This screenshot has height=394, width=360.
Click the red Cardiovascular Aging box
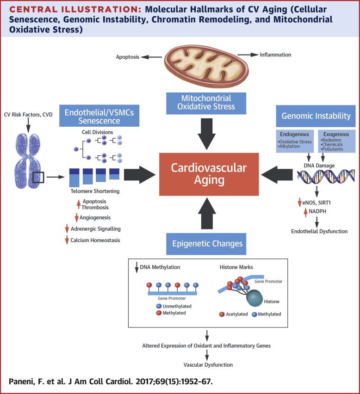click(x=209, y=174)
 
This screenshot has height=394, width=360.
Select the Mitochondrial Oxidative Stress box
click(x=206, y=103)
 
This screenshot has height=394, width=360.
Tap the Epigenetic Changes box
click(x=206, y=244)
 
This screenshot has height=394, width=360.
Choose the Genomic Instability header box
click(x=316, y=116)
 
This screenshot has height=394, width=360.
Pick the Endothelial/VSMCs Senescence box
click(x=99, y=116)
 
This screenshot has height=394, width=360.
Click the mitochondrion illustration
click(x=206, y=66)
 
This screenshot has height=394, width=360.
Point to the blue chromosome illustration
click(x=28, y=161)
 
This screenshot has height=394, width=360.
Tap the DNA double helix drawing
click(x=326, y=176)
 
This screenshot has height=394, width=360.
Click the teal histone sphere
click(x=254, y=298)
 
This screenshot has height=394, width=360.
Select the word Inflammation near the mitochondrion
click(x=275, y=55)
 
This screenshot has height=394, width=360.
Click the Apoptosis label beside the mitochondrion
click(x=127, y=57)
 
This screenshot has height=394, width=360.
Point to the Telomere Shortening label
click(x=95, y=191)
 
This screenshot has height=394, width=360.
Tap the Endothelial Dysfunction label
click(x=319, y=231)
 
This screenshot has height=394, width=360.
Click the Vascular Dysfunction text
click(x=208, y=365)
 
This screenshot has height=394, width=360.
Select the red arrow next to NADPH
click(x=305, y=212)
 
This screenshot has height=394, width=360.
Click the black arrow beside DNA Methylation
click(x=137, y=267)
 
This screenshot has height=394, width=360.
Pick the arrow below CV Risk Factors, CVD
click(x=28, y=125)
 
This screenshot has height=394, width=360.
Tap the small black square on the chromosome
click(x=38, y=178)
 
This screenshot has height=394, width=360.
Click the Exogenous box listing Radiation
click(x=336, y=141)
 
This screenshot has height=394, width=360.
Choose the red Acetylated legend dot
click(x=222, y=314)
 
